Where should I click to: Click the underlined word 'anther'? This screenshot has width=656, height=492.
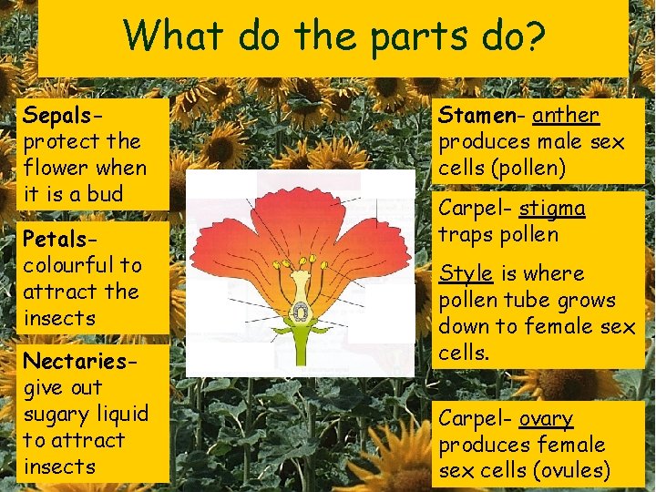[566, 116]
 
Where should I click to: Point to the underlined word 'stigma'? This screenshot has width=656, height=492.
[552, 209]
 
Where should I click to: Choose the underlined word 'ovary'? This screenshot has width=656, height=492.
[546, 419]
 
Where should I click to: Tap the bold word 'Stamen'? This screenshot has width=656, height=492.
[477, 116]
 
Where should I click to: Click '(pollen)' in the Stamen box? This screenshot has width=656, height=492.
[528, 169]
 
